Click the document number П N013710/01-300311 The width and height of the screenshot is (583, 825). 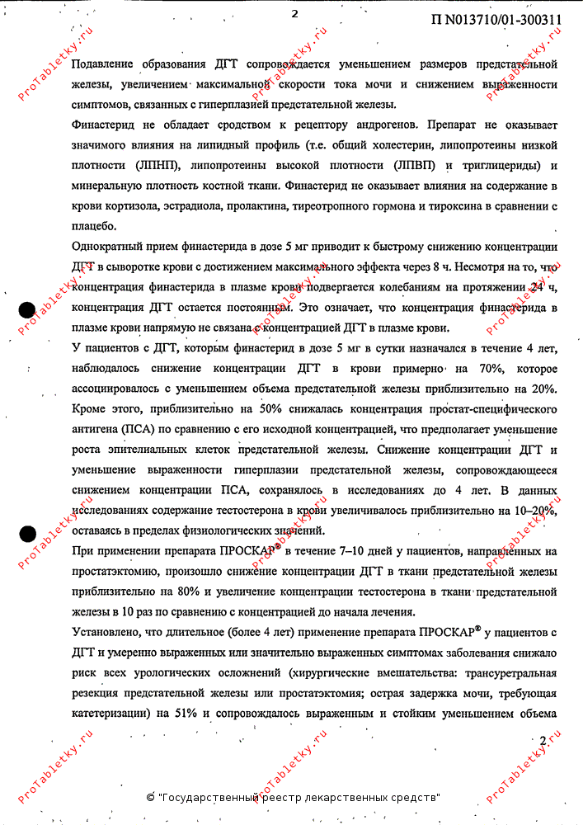pos(496,21)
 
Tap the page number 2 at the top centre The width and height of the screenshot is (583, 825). pos(294,12)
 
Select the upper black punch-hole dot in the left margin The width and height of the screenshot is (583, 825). pos(27,309)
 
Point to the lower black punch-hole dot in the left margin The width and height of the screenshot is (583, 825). pos(27,535)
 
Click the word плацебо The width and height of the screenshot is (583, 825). pos(94,226)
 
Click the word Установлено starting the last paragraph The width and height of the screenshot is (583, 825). pos(109,632)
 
